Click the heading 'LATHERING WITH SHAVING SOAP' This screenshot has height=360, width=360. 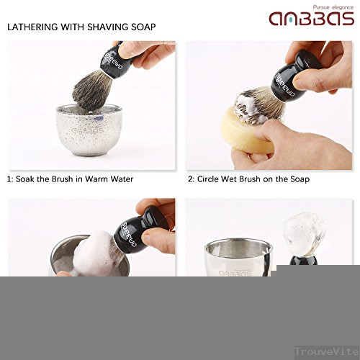point(81,27)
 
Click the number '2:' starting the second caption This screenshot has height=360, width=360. point(192,179)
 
